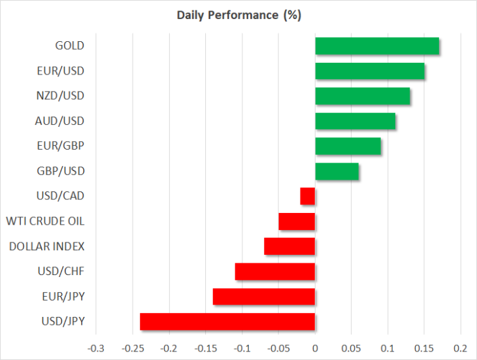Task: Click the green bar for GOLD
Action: (x=377, y=46)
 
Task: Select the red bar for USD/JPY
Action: (x=227, y=321)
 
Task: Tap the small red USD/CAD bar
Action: (x=308, y=196)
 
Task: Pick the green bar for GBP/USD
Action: (x=337, y=171)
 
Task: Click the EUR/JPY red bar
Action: (x=264, y=297)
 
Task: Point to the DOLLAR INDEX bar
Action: (x=289, y=246)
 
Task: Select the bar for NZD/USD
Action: (x=362, y=96)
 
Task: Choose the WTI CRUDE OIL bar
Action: (x=297, y=221)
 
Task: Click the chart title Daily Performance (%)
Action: (x=238, y=15)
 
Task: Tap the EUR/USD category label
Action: (x=61, y=71)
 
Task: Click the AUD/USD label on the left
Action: (x=59, y=121)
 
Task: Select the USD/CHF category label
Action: (x=61, y=271)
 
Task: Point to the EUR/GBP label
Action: (x=61, y=146)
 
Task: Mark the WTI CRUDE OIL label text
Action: (x=45, y=221)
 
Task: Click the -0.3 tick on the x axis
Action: (x=96, y=348)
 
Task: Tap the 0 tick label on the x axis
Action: (x=315, y=348)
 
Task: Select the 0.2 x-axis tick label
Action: (x=461, y=348)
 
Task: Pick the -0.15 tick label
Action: (x=206, y=348)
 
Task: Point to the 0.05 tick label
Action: (x=351, y=348)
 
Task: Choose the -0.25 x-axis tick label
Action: (x=133, y=348)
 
